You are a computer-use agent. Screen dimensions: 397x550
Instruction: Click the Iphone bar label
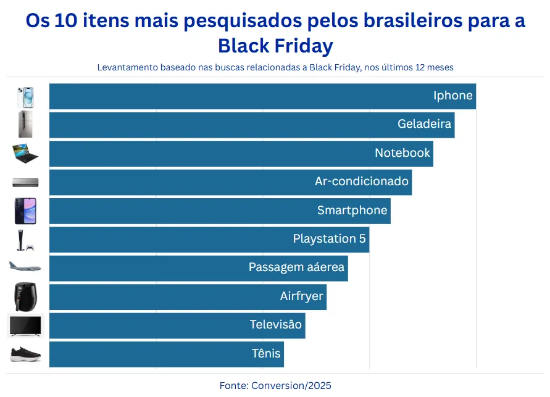(x=452, y=96)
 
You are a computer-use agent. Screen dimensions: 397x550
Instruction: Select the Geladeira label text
(x=424, y=124)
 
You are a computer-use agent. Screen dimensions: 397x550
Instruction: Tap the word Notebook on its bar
(x=402, y=153)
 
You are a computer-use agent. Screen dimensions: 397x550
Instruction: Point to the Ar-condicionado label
(x=362, y=182)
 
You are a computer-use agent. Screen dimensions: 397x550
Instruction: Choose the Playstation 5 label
(x=329, y=239)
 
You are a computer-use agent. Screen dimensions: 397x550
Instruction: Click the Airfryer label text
(x=301, y=296)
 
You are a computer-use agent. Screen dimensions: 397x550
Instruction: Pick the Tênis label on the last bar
(x=266, y=354)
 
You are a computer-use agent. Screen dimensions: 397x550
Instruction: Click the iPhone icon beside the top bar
(x=25, y=97)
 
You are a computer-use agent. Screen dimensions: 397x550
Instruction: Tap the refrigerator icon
(x=25, y=125)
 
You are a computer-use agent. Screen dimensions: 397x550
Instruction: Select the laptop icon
(x=25, y=153)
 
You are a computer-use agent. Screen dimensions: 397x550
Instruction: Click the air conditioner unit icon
(x=25, y=182)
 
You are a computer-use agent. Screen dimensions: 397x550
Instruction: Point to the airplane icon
(x=25, y=267)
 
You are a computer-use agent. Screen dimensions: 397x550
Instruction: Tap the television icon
(x=25, y=325)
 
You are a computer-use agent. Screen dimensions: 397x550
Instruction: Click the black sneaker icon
(x=25, y=354)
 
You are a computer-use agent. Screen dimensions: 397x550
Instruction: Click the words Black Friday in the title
(x=275, y=46)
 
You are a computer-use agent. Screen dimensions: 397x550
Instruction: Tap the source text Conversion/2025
(x=291, y=386)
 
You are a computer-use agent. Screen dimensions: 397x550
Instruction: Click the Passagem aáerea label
(x=296, y=267)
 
